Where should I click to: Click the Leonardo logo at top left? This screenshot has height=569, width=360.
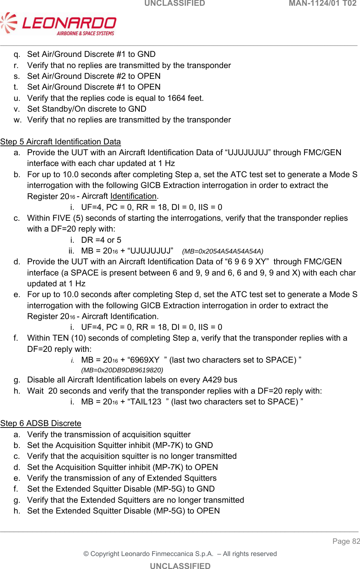pyautogui.click(x=58, y=24)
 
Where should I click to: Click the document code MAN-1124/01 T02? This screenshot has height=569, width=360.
pyautogui.click(x=323, y=4)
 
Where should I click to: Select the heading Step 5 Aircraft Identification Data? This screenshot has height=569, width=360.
pyautogui.click(x=61, y=142)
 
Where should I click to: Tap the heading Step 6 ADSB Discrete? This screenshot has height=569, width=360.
pyautogui.click(x=41, y=423)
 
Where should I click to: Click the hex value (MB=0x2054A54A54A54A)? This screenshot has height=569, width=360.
pyautogui.click(x=223, y=251)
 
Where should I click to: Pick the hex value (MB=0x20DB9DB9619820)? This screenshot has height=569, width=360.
pyautogui.click(x=122, y=370)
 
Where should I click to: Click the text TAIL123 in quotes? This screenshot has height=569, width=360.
pyautogui.click(x=146, y=402)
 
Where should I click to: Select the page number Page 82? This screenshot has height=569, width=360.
pyautogui.click(x=346, y=541)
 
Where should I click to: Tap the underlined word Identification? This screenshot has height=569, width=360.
pyautogui.click(x=133, y=196)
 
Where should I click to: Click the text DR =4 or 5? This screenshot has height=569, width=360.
pyautogui.click(x=101, y=240)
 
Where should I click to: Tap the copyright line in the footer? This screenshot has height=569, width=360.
pyautogui.click(x=180, y=554)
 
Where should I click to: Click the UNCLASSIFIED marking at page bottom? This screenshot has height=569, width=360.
pyautogui.click(x=180, y=566)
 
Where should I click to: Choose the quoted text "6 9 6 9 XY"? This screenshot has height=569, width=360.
pyautogui.click(x=247, y=262)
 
